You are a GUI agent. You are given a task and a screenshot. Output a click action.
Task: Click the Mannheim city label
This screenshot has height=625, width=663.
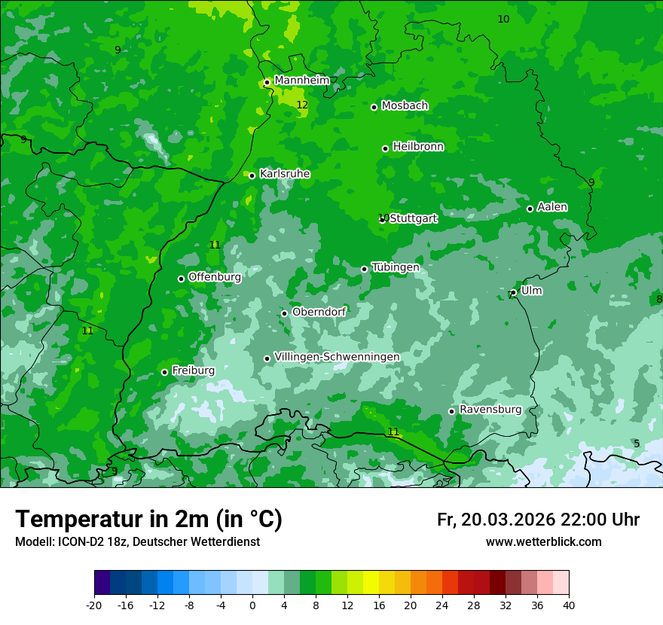pos(301,80)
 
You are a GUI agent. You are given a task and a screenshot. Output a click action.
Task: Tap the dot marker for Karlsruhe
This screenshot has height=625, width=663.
pos(252,175)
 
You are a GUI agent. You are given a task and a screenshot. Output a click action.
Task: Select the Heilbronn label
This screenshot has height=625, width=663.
pos(418,147)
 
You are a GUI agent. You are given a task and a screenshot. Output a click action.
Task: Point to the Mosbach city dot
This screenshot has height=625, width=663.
pos(374,107)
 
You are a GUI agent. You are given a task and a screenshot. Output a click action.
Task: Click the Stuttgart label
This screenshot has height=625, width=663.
pos(413,218)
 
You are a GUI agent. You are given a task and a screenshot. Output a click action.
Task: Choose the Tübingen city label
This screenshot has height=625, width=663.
pos(395,267)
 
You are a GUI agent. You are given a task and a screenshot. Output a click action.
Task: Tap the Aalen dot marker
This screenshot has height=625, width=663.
pos(530,209)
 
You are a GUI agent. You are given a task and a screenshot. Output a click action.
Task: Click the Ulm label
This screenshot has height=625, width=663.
pos(531,291)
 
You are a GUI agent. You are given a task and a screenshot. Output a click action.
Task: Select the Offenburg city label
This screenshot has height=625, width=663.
pos(214,277)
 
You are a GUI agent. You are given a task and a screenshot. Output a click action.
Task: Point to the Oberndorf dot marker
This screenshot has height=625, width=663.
pos(284,313)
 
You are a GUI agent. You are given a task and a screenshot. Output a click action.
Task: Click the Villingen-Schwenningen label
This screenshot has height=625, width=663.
pos(337,357)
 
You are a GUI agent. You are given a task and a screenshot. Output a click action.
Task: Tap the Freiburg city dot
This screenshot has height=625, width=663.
pos(164,372)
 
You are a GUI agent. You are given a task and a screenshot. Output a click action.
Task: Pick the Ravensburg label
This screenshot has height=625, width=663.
pos(490,410)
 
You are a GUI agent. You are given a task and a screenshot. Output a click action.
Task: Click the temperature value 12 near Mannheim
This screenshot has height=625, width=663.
pos(302,105)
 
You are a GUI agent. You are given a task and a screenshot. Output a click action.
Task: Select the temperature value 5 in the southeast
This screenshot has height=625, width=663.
pos(637,444)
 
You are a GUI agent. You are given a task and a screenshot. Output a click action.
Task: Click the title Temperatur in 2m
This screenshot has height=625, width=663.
pos(148,520)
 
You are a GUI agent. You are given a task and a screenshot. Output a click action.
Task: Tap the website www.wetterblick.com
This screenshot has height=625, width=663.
pos(543,541)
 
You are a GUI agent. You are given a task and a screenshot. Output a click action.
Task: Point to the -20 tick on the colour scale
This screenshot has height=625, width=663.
pos(94,605)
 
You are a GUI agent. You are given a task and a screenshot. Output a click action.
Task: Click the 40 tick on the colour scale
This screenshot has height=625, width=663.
pos(569,605)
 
